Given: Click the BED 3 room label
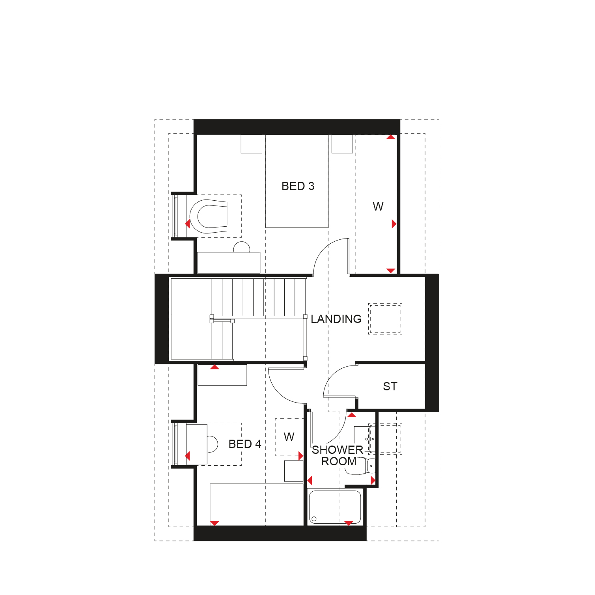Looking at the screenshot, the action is [x=298, y=186].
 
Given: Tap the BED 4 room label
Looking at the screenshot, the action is [x=245, y=444].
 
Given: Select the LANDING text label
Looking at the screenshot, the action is [x=336, y=319].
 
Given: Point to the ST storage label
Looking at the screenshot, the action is [x=390, y=386].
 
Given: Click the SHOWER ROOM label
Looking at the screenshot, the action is [x=338, y=455].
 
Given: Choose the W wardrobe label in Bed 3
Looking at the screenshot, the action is [x=378, y=207].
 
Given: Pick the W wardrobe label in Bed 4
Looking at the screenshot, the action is [x=289, y=437].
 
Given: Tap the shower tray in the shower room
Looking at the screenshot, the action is [x=335, y=507].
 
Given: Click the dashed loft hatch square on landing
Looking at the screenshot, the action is [x=385, y=319].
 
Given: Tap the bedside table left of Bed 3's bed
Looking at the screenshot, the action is [x=252, y=144].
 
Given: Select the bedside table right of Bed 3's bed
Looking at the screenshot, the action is [x=342, y=144].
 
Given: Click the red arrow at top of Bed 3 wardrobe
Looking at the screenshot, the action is [x=391, y=137].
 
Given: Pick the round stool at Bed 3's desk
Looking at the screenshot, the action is [x=242, y=247].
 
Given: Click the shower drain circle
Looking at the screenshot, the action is [x=314, y=519].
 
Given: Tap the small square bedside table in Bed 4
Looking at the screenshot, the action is [x=294, y=471].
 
